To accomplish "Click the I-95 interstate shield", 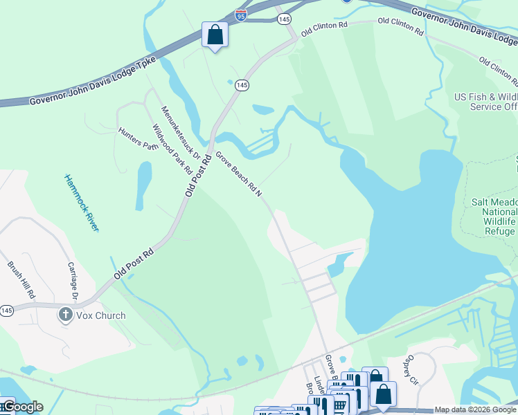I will (240, 15).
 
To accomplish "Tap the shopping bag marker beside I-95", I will (215, 35).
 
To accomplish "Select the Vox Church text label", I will (100, 315).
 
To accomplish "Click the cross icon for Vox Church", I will (66, 315).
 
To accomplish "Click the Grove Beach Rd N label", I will (238, 174).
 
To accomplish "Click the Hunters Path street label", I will (138, 138).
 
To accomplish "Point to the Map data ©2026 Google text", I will (475, 409).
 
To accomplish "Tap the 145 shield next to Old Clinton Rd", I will (284, 19).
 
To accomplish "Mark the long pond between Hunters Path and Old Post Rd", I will (143, 185).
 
